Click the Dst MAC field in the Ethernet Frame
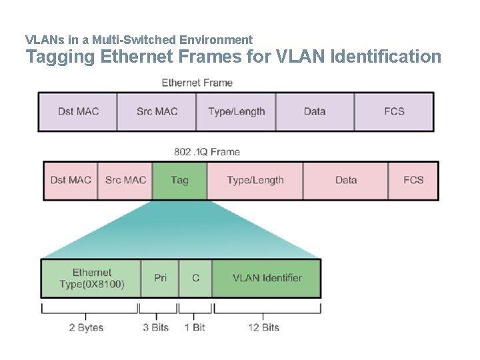tap(78, 111)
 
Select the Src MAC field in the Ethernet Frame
tap(157, 111)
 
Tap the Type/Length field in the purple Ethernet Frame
tap(236, 111)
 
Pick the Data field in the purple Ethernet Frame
tap(315, 111)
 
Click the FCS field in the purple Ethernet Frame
tap(394, 111)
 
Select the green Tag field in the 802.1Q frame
tap(179, 180)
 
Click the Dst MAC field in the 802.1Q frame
tap(71, 180)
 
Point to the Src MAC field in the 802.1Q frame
tap(125, 180)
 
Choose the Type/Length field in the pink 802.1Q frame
tap(255, 180)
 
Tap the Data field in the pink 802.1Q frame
tap(346, 180)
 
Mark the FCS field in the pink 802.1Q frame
tap(413, 180)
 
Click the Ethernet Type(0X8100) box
tap(91, 278)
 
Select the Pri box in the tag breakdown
tap(160, 278)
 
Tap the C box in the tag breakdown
tap(195, 278)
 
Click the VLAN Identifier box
tap(267, 278)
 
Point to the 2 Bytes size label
tap(86, 327)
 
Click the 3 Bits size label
tap(155, 327)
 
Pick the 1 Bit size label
tap(195, 327)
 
